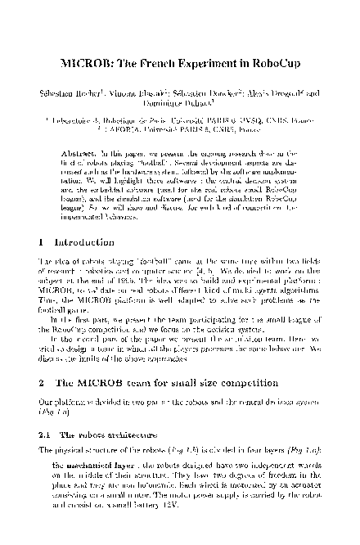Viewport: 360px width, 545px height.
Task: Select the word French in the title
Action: (x=159, y=66)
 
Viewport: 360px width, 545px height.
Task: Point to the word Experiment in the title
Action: (x=211, y=66)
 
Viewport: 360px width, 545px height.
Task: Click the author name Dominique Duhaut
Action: (x=179, y=104)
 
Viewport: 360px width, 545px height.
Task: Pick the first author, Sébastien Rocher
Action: (x=79, y=93)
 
